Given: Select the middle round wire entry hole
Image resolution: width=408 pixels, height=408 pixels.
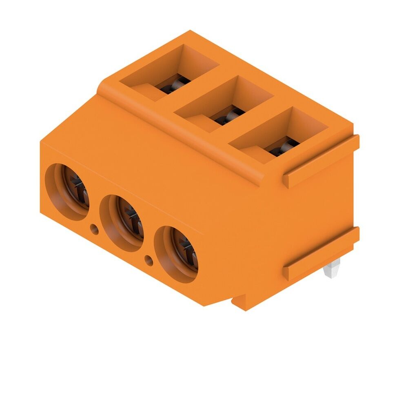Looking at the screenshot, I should click(122, 222).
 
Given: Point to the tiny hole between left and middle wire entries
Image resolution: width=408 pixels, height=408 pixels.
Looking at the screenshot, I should click(94, 230).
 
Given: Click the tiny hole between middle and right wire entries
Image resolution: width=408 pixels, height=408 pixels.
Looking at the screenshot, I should click(149, 259).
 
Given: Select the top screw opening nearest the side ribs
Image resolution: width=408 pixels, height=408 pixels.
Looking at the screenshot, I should click(281, 136).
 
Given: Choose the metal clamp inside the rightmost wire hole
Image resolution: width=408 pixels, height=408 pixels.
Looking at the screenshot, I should click(187, 253).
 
